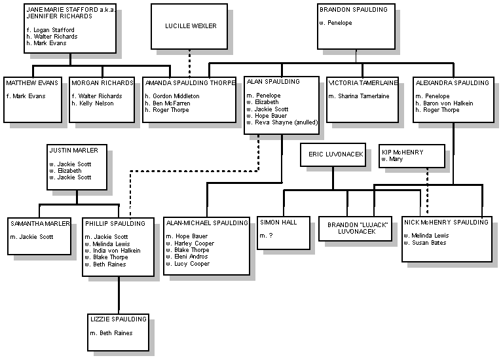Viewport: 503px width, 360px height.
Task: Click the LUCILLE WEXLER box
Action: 189,26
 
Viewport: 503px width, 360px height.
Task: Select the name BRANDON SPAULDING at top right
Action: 354,10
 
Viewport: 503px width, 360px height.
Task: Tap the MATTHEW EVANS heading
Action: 32,82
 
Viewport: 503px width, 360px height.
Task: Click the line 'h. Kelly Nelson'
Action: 93,103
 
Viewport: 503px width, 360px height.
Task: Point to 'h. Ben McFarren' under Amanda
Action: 168,103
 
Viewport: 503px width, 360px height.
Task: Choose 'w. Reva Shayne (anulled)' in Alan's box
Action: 282,122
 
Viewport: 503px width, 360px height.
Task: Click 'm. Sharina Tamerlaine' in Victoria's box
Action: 359,96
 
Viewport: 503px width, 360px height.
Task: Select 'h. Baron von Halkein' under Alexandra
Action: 444,103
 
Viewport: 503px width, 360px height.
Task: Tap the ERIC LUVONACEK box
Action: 333,155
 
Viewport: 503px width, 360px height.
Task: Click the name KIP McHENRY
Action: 403,152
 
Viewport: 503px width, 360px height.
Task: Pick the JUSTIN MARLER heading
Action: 74,150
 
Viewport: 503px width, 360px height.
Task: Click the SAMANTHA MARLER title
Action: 40,223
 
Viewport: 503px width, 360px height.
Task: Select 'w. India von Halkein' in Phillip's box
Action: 113,251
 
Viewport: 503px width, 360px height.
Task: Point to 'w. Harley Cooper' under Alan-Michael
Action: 190,243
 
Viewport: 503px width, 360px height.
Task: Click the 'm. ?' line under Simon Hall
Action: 267,236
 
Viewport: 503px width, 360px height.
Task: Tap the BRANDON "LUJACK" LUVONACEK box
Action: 355,228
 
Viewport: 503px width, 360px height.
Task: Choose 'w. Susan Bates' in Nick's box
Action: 425,243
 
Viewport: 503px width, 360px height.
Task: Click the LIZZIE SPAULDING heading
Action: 119,319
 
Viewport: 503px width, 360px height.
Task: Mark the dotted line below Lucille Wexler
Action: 189,63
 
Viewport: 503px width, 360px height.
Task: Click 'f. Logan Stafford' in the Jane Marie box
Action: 50,30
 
